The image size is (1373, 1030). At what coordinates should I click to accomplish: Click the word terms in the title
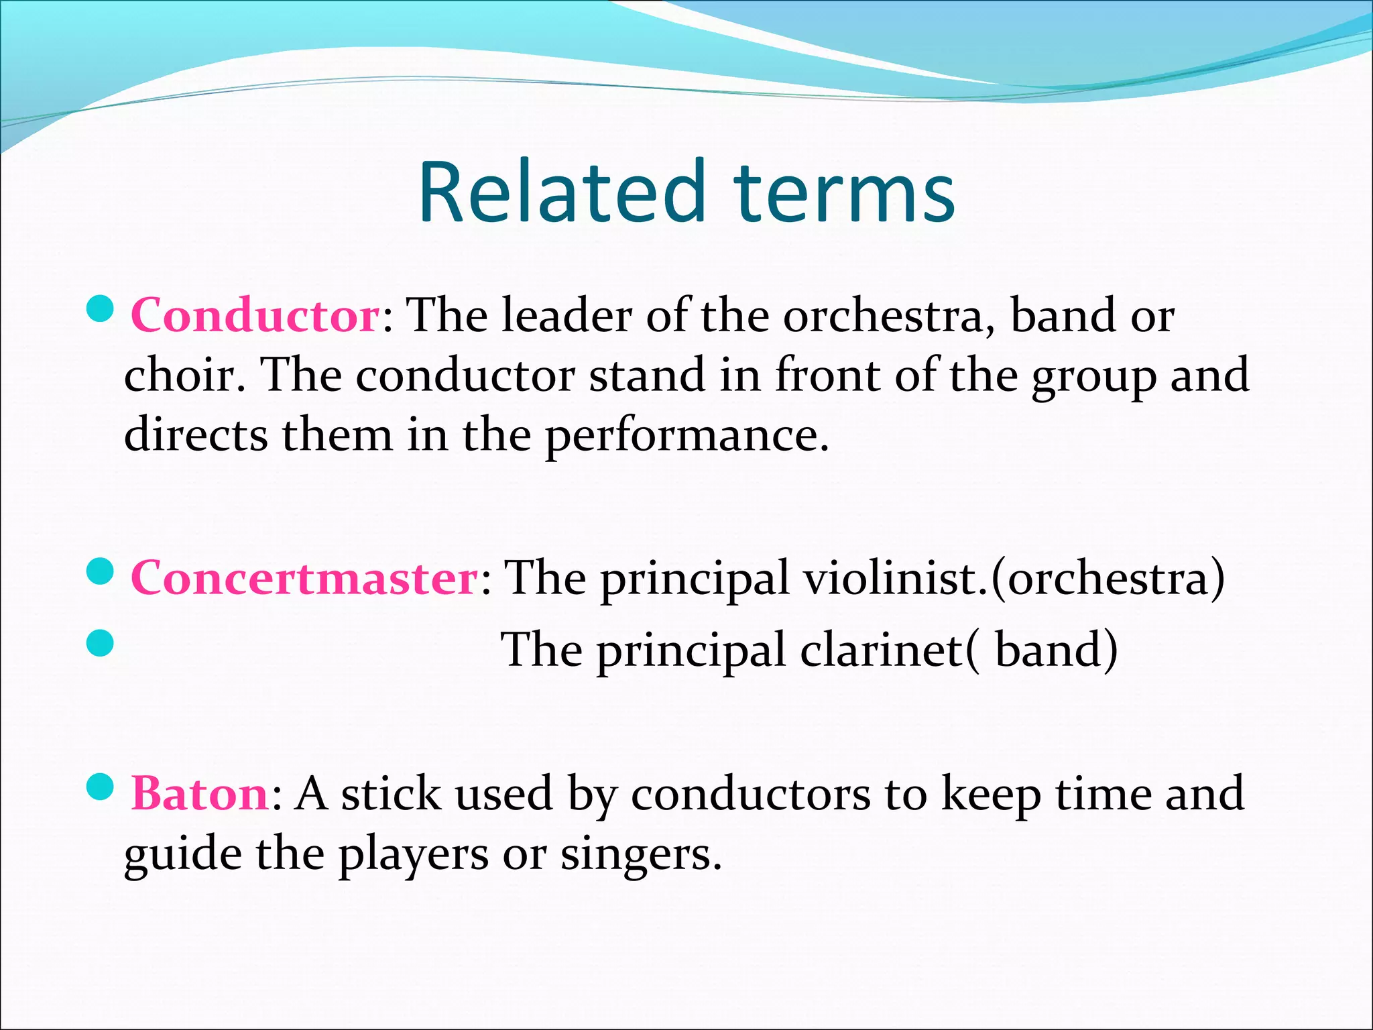pyautogui.click(x=844, y=192)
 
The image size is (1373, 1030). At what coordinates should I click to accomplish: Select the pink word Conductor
pyautogui.click(x=255, y=315)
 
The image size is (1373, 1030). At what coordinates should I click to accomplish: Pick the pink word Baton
pyautogui.click(x=200, y=793)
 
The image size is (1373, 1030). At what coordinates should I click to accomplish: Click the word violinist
pyautogui.click(x=894, y=577)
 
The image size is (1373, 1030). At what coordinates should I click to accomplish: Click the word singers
pyautogui.click(x=640, y=855)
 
